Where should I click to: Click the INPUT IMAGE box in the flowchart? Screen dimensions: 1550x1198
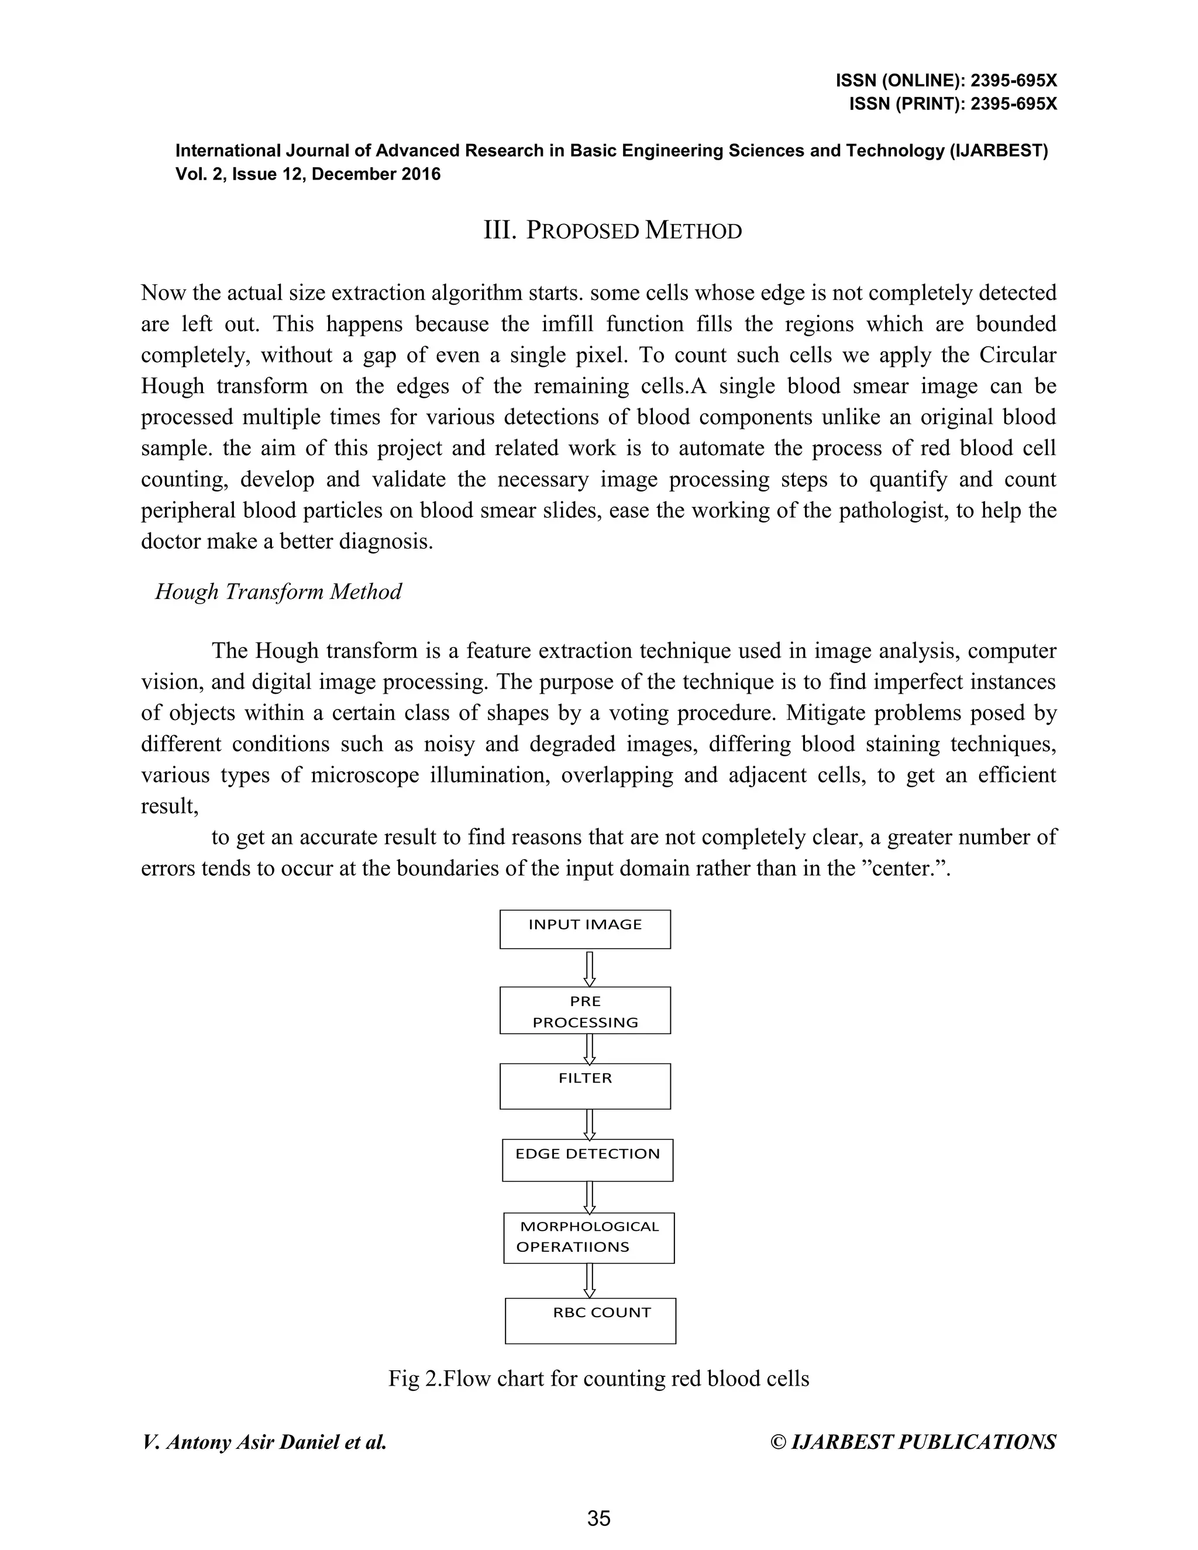585,929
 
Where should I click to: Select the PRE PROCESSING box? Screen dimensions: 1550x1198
585,1010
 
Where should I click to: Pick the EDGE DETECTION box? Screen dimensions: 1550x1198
587,1160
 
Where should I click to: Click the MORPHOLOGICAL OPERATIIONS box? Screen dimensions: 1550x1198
588,1238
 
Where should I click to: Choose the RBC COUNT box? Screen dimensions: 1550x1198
590,1321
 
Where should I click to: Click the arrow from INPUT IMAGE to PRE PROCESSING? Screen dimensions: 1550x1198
589,968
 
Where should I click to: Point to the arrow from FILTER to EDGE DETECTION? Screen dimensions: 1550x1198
589,1124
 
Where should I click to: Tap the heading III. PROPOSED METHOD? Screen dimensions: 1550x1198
612,230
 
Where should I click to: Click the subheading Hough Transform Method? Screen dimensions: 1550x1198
278,591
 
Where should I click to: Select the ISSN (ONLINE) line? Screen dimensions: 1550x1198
946,81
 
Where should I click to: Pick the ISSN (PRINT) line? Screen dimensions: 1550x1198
952,104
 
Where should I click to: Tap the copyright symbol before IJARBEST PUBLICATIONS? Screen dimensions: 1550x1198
778,1442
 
